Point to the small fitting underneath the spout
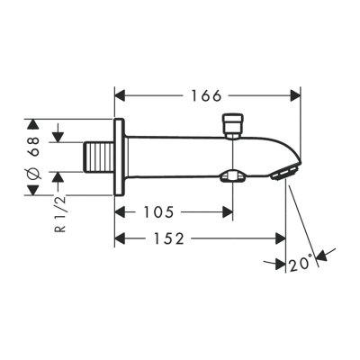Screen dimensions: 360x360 coord(234,176)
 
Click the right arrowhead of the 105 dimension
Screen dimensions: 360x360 coord(229,212)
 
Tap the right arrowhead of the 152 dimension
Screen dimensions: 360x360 coord(279,238)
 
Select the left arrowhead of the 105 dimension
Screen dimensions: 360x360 coord(121,212)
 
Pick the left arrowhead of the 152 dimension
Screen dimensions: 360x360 coord(121,238)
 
